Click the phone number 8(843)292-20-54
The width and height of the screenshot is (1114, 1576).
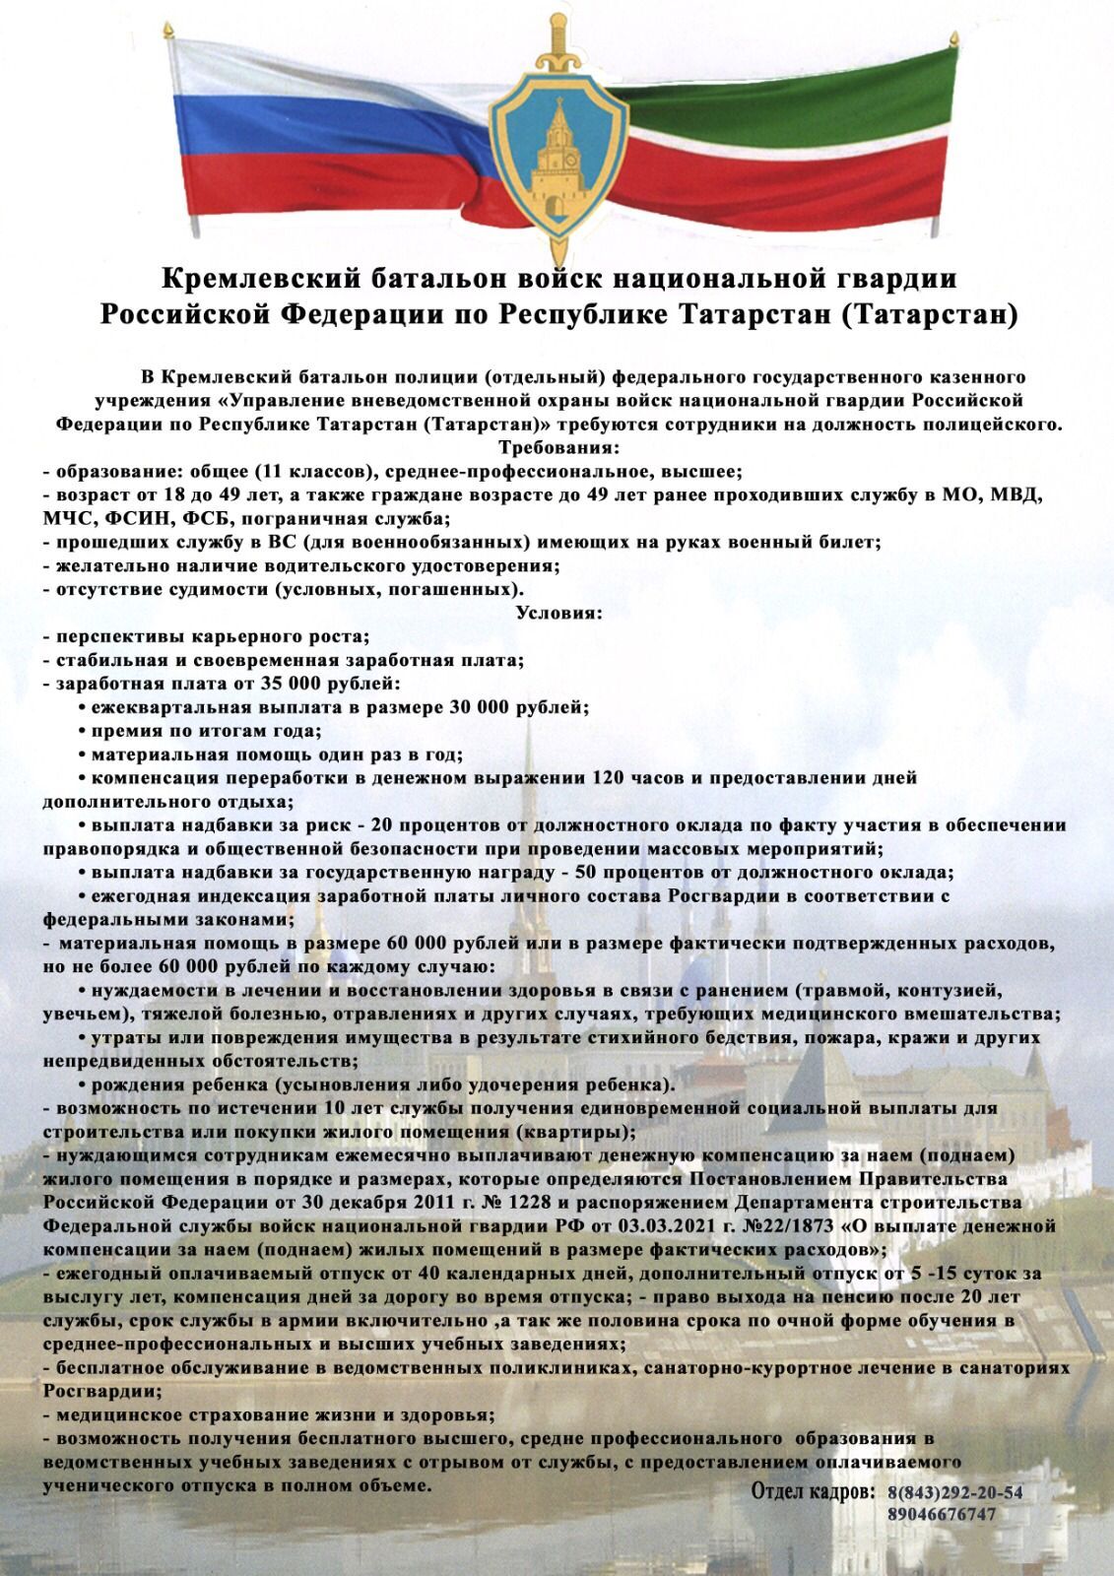(954, 1492)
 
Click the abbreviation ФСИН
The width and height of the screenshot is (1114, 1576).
(129, 518)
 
